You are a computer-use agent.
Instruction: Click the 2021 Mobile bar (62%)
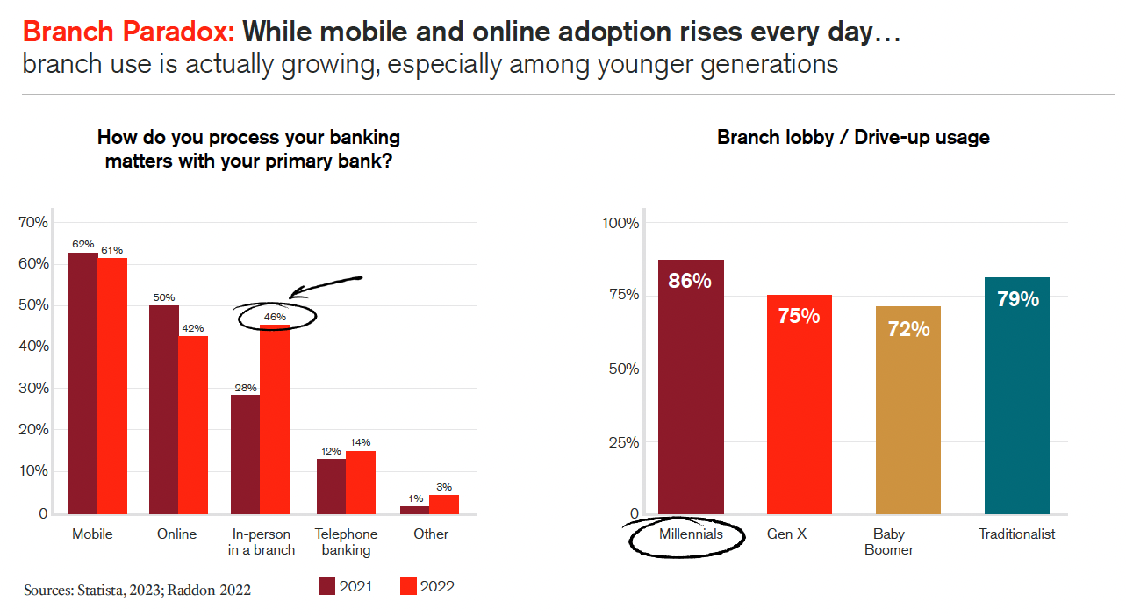(x=82, y=383)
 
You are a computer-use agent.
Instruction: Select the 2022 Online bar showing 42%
(x=193, y=425)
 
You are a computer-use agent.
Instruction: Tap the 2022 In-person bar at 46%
(x=275, y=419)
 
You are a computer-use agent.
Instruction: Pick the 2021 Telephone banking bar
(x=331, y=486)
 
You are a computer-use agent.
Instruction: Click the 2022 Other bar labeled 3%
(x=444, y=505)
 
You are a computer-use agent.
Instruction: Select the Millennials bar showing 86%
(x=691, y=386)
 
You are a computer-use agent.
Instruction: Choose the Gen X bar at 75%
(x=800, y=404)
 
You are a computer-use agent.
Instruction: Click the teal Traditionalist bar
(x=1017, y=395)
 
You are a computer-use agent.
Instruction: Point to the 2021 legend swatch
(x=327, y=586)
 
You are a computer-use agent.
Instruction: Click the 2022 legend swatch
(x=408, y=586)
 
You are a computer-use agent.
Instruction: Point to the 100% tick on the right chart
(x=620, y=222)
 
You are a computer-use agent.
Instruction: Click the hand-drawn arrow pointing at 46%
(x=326, y=284)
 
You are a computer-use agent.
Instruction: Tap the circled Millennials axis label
(x=691, y=534)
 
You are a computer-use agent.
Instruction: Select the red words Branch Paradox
(x=128, y=32)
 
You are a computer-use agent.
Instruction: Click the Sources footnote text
(x=138, y=590)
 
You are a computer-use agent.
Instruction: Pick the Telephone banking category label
(x=346, y=541)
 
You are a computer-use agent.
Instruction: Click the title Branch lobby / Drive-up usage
(x=853, y=137)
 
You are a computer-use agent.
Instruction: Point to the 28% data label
(x=246, y=387)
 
